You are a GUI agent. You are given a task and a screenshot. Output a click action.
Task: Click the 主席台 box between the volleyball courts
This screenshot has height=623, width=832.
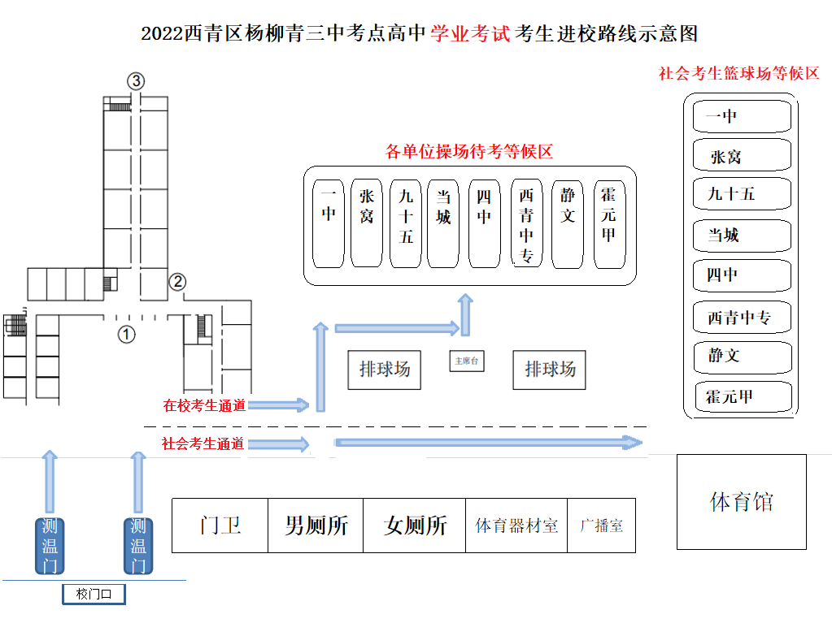[467, 361]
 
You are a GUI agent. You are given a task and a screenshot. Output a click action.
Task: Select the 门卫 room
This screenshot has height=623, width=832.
[220, 525]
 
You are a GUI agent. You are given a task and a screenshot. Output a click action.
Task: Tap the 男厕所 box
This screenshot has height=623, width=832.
[316, 525]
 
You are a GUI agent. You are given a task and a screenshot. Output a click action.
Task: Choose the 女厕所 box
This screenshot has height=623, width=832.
[415, 525]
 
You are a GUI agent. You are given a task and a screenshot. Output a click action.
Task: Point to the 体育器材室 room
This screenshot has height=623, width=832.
[516, 525]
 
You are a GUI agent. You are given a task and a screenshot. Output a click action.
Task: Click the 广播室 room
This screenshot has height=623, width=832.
[601, 525]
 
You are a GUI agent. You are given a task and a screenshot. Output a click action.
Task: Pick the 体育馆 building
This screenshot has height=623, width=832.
[741, 501]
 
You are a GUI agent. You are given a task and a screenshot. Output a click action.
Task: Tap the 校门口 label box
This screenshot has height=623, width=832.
[94, 595]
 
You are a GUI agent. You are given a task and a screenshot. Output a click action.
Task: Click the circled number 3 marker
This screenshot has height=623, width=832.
[136, 80]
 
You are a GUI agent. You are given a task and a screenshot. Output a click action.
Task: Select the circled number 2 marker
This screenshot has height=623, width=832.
[177, 282]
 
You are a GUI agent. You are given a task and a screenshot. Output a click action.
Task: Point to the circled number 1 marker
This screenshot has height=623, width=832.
[126, 333]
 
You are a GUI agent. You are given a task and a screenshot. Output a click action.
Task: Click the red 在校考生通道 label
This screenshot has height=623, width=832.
[204, 405]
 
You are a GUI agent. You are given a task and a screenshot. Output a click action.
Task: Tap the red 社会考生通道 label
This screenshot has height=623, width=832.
[203, 443]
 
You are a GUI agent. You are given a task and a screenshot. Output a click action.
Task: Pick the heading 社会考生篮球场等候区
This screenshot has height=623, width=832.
[738, 73]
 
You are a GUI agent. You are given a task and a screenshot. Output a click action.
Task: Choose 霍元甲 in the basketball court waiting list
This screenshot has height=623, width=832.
[742, 396]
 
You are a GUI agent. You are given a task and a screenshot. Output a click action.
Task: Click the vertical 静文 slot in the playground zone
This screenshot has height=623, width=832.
[568, 224]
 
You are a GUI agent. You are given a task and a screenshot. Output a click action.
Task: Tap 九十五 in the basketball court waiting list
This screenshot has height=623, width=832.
[742, 195]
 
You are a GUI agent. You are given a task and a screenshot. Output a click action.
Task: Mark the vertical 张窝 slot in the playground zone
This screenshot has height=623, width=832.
[367, 224]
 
